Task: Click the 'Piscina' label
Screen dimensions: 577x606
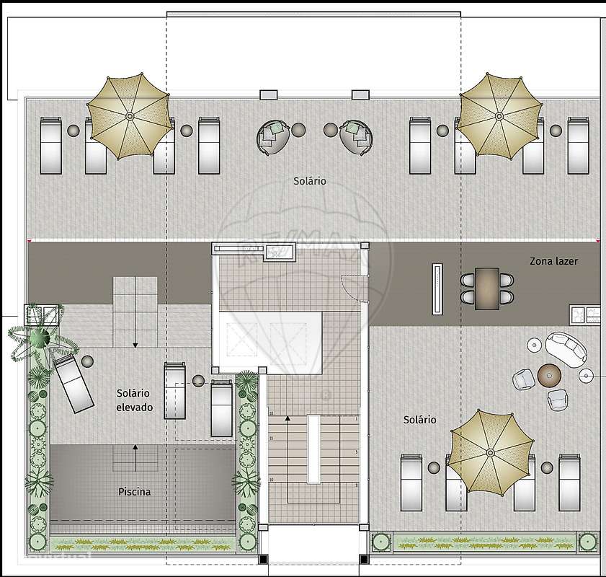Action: (x=135, y=492)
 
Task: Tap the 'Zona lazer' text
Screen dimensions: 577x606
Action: (x=553, y=262)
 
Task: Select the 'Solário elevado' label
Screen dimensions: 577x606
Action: (x=133, y=400)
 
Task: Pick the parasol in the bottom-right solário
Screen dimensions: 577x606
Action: (x=490, y=452)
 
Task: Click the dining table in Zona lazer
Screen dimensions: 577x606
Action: (x=487, y=288)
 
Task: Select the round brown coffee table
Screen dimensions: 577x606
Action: (x=549, y=374)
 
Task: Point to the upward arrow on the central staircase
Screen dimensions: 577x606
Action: (x=288, y=418)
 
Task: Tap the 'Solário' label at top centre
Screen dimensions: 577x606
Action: (x=309, y=181)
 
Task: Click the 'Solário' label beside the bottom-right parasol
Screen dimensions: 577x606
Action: (x=419, y=419)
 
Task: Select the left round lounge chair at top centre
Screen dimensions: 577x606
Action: (x=274, y=135)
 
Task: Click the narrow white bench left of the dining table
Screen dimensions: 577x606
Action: (x=437, y=288)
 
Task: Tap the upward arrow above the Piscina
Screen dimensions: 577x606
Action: (x=134, y=449)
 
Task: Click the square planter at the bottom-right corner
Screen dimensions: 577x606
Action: (x=589, y=542)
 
